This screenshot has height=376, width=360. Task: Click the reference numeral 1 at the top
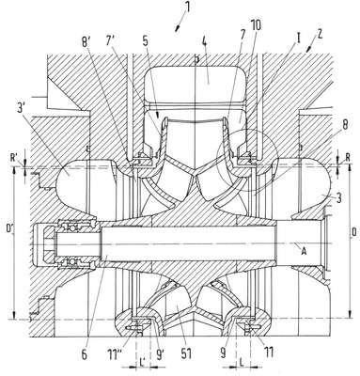(187, 7)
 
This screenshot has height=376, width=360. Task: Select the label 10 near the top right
(255, 25)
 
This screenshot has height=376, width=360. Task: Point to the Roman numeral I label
(299, 39)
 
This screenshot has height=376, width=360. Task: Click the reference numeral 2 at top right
(319, 35)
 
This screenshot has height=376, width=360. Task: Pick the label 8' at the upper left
(86, 43)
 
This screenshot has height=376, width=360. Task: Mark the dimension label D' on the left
(9, 228)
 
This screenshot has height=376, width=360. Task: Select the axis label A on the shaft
(303, 250)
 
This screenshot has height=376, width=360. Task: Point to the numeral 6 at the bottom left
(84, 355)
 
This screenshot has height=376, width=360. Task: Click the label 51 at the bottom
(186, 353)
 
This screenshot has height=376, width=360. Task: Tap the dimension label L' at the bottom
(142, 362)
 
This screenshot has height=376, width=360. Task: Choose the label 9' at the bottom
(161, 353)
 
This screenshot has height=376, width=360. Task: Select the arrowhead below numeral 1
(177, 29)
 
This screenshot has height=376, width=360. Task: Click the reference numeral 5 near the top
(146, 42)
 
